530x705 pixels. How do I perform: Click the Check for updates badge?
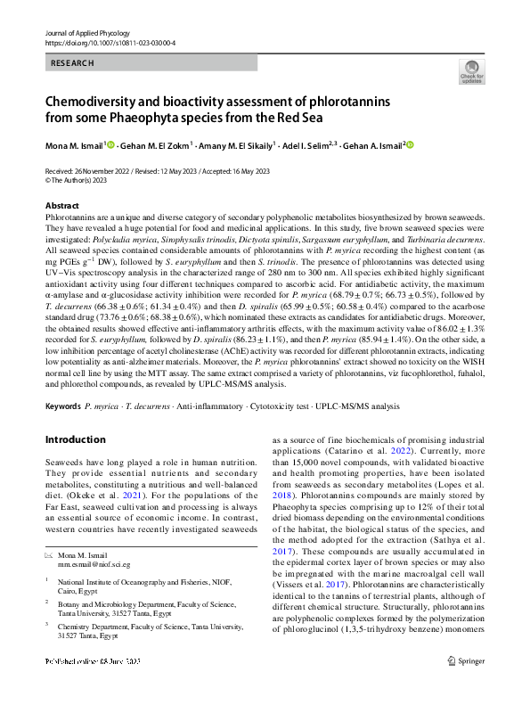click(470, 71)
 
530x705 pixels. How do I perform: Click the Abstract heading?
click(61, 205)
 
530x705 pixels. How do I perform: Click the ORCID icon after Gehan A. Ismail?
click(411, 143)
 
